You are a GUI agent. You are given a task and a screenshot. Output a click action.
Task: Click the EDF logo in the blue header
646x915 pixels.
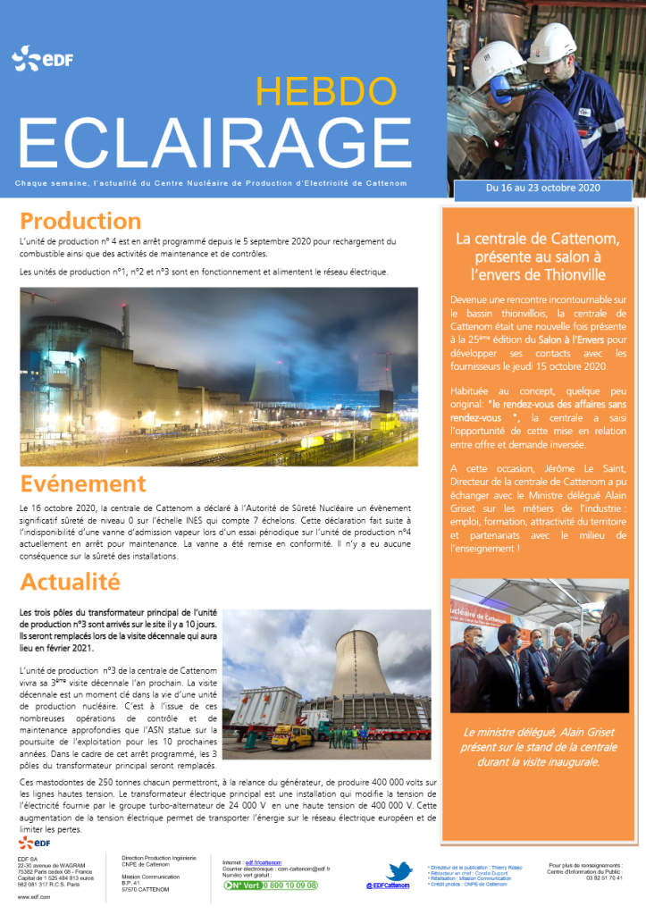click(42, 60)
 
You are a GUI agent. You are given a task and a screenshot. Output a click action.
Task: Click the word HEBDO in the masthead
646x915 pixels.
click(325, 90)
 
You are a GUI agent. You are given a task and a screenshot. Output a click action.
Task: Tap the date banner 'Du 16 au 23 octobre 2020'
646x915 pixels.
click(543, 189)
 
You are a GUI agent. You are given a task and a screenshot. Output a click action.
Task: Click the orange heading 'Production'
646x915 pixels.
click(80, 221)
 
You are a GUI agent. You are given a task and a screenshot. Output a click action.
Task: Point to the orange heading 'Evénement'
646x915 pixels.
click(83, 483)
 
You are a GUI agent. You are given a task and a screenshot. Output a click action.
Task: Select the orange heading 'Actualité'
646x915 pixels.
click(70, 582)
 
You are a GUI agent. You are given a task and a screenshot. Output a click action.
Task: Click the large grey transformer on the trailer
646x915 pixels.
click(265, 708)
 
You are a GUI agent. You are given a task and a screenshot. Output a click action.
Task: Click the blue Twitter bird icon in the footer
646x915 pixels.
click(399, 872)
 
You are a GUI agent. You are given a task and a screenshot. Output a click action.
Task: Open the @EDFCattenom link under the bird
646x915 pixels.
click(388, 886)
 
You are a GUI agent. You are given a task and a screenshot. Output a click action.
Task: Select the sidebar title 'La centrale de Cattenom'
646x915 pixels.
click(538, 239)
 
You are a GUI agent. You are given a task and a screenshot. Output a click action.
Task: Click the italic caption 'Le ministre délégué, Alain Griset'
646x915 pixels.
click(538, 733)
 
